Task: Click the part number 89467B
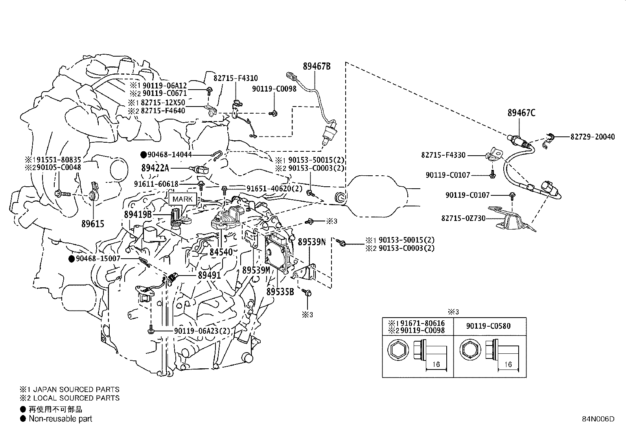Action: tap(317, 66)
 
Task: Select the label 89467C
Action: tap(521, 113)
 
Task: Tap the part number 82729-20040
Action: tap(593, 137)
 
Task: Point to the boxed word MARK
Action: tap(182, 199)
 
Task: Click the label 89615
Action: tap(93, 224)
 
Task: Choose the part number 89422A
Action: tap(155, 168)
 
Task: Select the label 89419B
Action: tap(138, 214)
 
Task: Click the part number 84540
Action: tap(221, 252)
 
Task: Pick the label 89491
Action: tap(209, 275)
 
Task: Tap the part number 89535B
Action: tap(280, 292)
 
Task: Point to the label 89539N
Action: tap(311, 242)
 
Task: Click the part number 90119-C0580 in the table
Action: tap(488, 326)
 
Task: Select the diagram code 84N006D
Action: tap(598, 419)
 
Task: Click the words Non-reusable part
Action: tap(61, 419)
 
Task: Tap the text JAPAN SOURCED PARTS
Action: tap(76, 389)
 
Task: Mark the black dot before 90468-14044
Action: tap(144, 154)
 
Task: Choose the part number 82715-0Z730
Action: tap(463, 218)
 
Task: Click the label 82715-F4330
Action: tap(443, 155)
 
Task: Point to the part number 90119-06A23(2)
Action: tap(202, 331)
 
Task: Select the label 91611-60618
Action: tap(156, 184)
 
